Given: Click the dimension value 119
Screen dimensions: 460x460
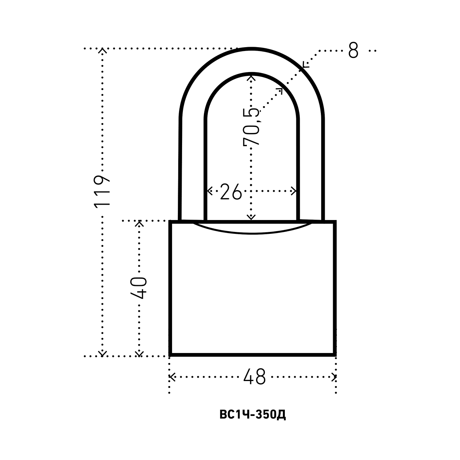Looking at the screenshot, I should [x=102, y=191].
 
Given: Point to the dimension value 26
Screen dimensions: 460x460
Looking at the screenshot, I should [x=231, y=191].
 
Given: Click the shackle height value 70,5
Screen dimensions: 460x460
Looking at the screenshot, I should [x=252, y=127].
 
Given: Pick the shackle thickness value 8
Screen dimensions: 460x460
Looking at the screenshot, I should [x=353, y=50].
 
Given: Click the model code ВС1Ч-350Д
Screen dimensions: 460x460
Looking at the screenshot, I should [x=253, y=415].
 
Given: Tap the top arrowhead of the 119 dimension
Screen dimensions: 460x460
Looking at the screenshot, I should [x=102, y=50].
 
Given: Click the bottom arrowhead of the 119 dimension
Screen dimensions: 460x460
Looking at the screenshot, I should [x=102, y=353].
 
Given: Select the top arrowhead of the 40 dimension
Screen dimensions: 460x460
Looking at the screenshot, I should [x=140, y=223].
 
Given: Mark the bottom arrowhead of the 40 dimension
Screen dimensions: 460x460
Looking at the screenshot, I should [x=140, y=353].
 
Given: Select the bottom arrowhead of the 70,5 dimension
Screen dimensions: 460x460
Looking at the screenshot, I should [x=251, y=218].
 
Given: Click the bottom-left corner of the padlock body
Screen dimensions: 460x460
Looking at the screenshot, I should [x=171, y=354].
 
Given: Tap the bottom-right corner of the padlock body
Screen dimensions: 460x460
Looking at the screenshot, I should [x=335, y=354].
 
